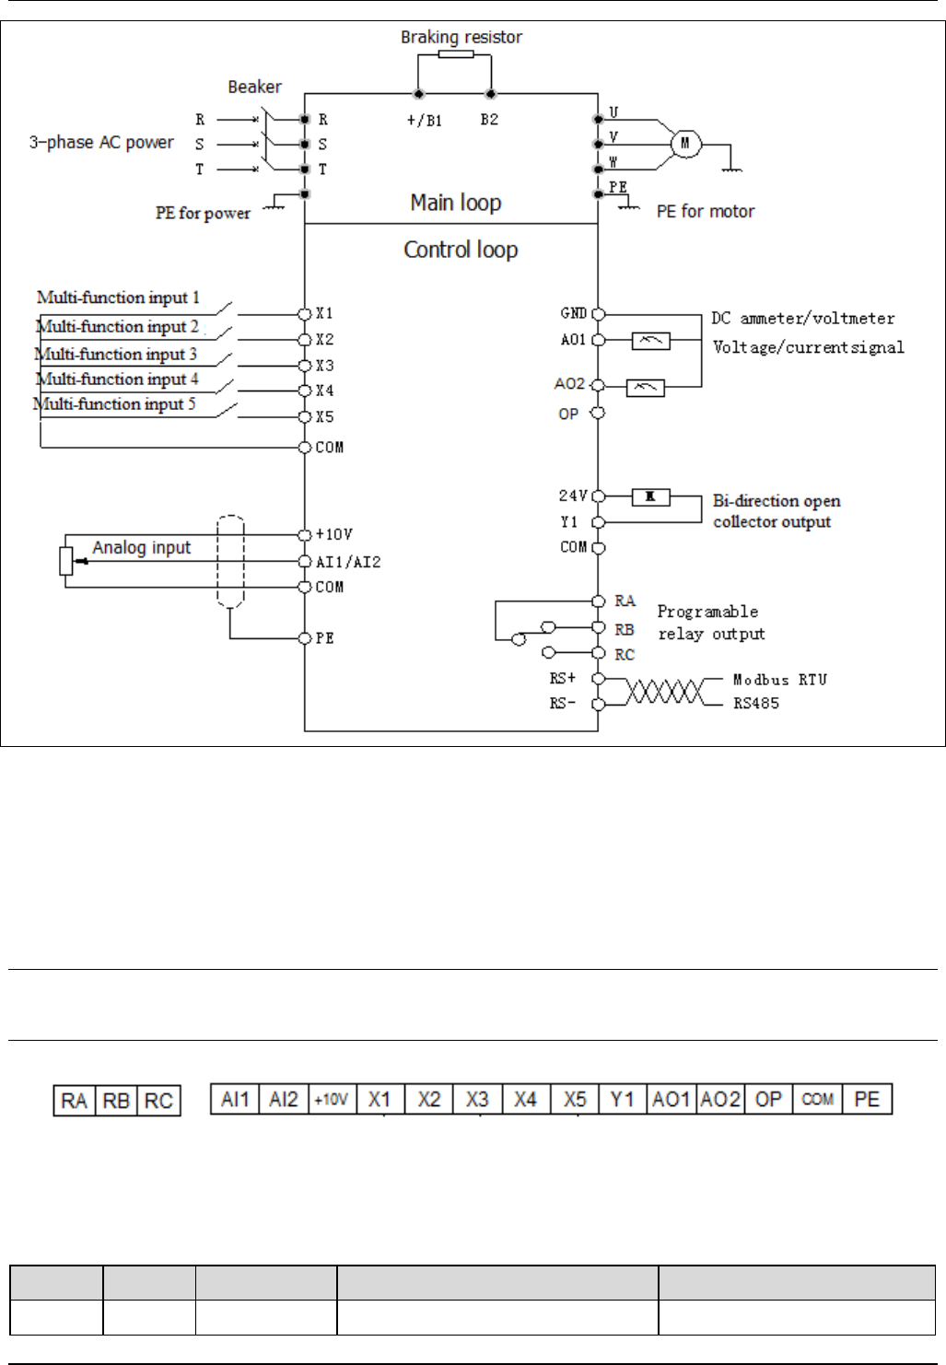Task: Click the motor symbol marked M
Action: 684,144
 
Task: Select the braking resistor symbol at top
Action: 455,54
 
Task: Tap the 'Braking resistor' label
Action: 461,38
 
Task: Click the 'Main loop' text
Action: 456,203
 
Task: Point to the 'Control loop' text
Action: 461,250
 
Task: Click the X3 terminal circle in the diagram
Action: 305,366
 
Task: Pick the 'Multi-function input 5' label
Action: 114,404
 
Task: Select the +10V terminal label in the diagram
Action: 333,534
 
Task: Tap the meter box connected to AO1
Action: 650,341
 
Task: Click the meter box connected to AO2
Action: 645,388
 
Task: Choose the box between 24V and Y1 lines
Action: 650,497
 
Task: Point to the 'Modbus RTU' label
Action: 779,680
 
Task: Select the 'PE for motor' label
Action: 705,212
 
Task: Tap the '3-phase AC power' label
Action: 101,143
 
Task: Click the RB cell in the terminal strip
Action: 116,1101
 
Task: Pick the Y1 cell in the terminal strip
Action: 623,1099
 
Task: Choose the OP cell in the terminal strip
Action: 768,1099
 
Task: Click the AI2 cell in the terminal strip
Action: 284,1099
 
